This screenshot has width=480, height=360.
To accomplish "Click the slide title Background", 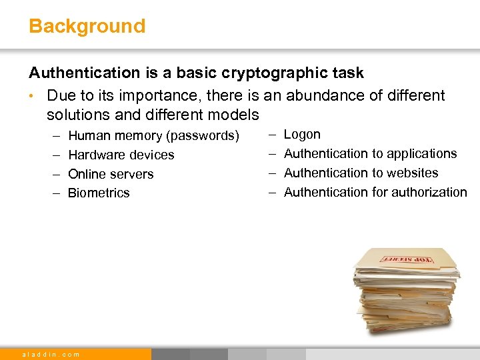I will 87,27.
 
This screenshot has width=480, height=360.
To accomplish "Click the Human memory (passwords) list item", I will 153,136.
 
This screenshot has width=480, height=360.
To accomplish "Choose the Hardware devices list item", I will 121,155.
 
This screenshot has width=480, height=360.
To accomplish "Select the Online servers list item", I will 111,174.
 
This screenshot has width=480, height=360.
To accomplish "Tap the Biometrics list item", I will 99,193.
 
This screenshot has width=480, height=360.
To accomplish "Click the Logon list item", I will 302,135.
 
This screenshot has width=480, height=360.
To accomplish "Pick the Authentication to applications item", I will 370,154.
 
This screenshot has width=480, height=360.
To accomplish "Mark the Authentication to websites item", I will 361,173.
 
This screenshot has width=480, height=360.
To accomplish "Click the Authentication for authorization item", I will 375,193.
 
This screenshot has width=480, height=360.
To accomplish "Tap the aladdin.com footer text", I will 51,354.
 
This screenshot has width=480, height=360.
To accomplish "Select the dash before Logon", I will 272,135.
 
